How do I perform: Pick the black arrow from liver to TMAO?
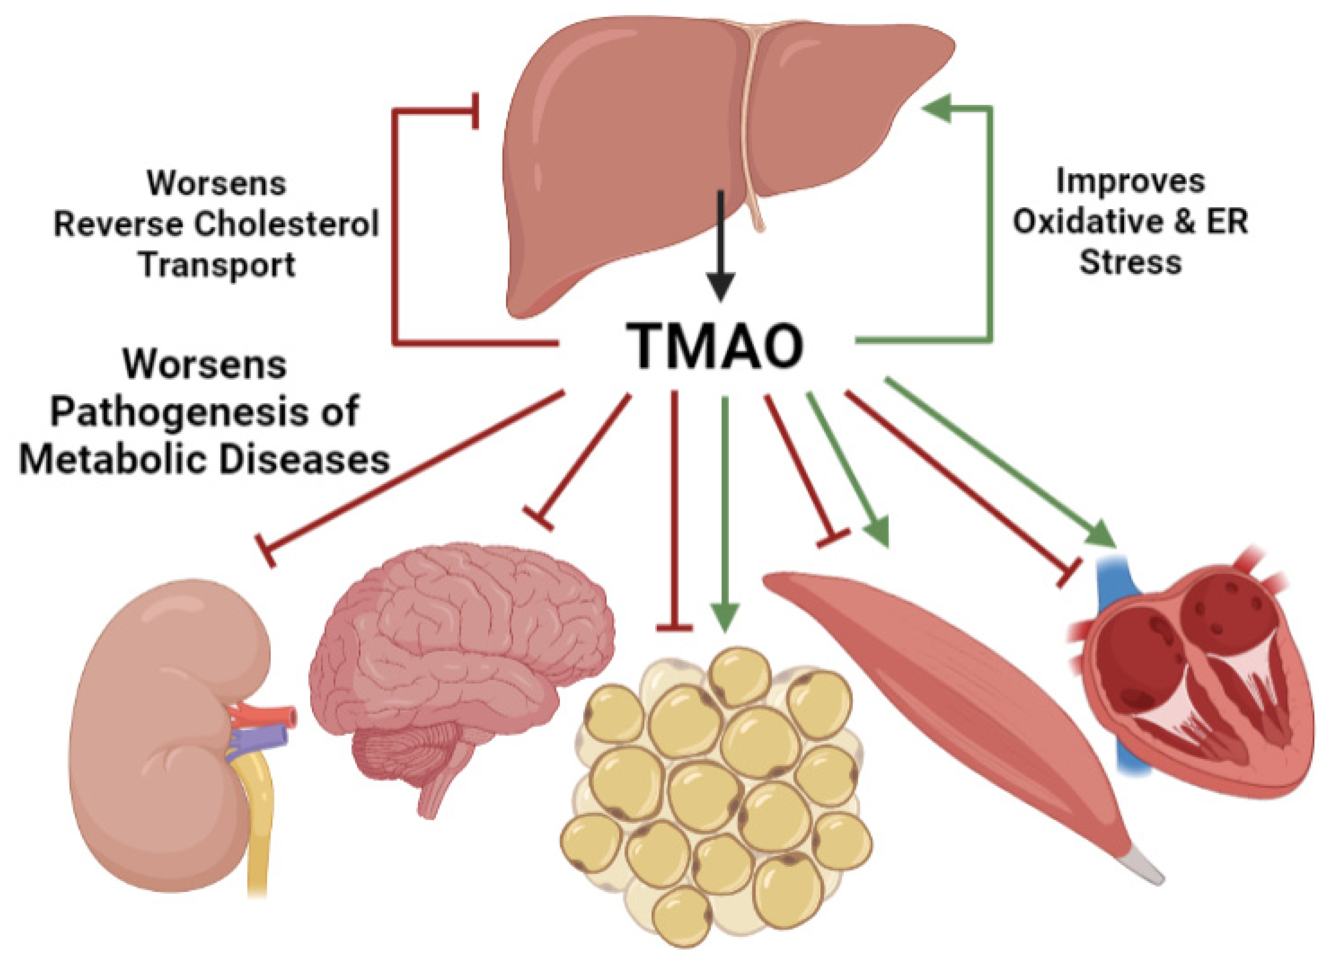(x=720, y=249)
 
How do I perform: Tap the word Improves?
(x=1129, y=181)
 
